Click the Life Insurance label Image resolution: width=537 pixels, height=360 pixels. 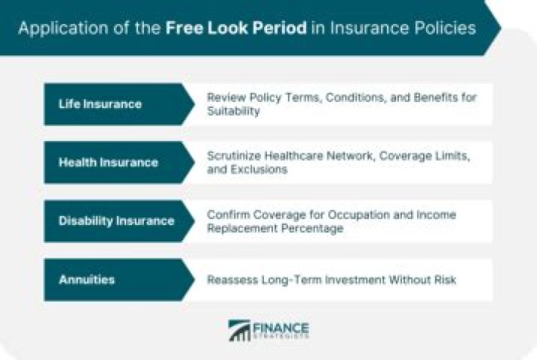click(100, 104)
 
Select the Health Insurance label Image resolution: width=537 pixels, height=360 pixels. click(108, 162)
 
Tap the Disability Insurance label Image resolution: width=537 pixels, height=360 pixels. click(116, 221)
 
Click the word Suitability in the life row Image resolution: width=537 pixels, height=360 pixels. click(233, 110)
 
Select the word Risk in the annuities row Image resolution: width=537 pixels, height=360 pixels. click(444, 280)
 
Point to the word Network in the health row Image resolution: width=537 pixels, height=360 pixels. click(351, 156)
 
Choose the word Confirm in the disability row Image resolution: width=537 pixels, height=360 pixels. click(228, 215)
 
